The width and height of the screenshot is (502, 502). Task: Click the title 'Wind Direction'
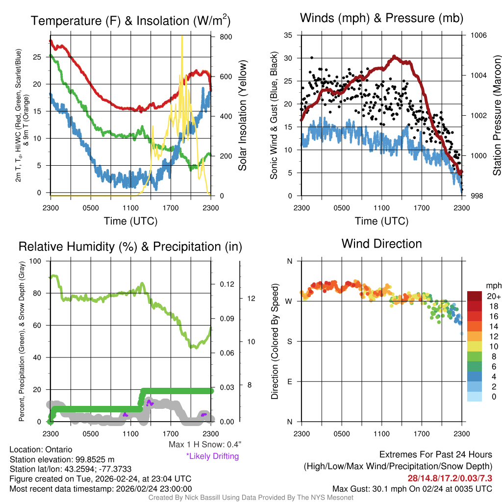point(381,244)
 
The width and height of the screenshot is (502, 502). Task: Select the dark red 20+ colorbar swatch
point(474,297)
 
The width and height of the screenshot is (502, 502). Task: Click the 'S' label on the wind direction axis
point(289,341)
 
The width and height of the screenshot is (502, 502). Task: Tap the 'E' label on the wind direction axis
point(289,381)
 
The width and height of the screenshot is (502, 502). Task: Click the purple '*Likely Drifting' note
point(212,456)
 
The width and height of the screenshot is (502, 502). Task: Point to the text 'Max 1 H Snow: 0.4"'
point(204,445)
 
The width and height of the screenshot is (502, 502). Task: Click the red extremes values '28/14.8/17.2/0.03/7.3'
point(450,478)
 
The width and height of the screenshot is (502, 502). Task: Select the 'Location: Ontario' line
point(41,450)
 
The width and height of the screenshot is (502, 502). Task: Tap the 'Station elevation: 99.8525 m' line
point(62,459)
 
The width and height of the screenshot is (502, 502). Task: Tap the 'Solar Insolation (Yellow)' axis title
point(243,116)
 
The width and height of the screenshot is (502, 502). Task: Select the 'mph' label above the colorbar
point(493,285)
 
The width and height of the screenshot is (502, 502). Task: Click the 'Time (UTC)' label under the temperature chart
point(130,221)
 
